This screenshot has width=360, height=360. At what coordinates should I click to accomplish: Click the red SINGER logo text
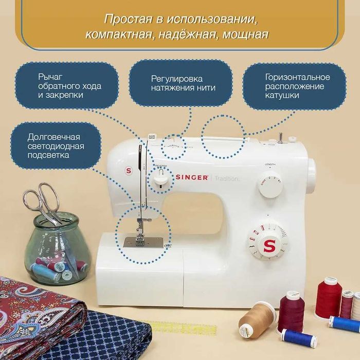point(192,177)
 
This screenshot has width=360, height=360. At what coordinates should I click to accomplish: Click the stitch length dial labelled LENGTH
point(270,184)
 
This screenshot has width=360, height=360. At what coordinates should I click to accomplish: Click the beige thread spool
point(257,317)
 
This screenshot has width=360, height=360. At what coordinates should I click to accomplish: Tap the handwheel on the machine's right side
point(311,175)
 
